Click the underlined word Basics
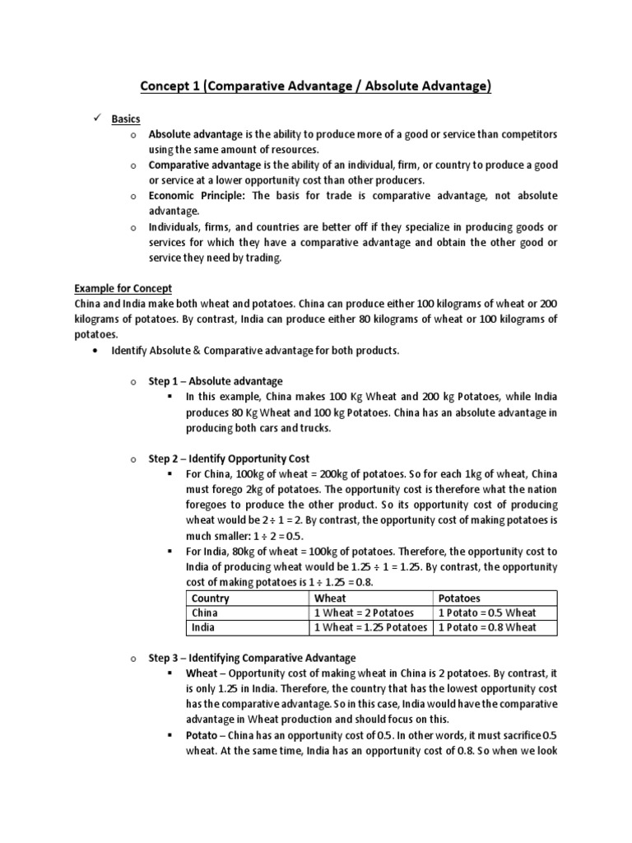pos(126,119)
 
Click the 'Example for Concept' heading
pos(123,288)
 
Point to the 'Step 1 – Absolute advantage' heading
pos(215,381)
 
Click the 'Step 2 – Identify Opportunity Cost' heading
pos(228,458)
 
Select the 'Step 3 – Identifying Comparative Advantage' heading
pos(251,658)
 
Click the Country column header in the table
pos(211,598)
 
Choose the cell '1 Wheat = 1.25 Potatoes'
pos(370,627)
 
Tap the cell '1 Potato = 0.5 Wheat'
pos(486,612)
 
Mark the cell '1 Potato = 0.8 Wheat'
pos(486,627)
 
